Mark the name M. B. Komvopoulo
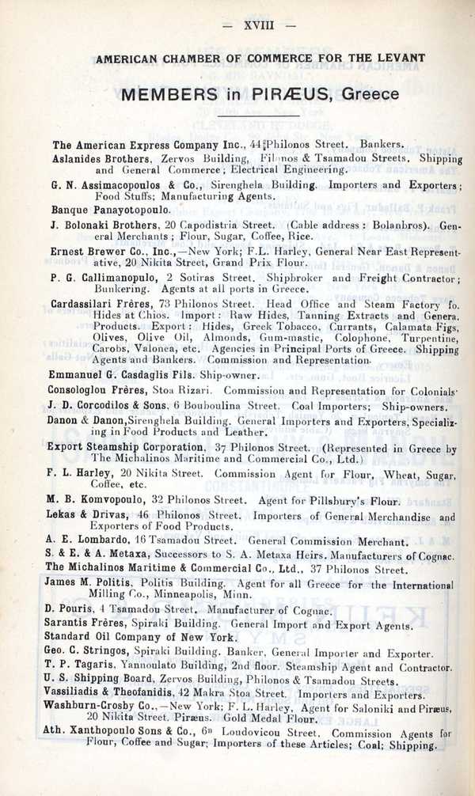pyautogui.click(x=96, y=500)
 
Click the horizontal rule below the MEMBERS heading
pyautogui.click(x=260, y=117)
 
